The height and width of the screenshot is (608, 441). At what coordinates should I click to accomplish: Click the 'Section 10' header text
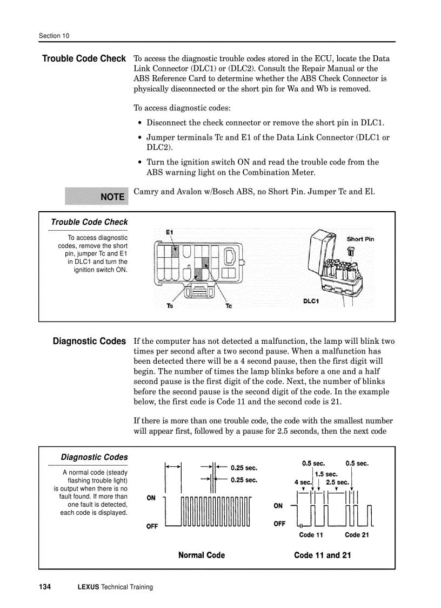pos(54,36)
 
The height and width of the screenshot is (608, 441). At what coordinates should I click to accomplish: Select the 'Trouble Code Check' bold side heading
pos(84,58)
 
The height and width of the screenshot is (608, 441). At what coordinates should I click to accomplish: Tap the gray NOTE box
pos(97,197)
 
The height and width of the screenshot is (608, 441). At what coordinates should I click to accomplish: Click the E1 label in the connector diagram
pos(169,232)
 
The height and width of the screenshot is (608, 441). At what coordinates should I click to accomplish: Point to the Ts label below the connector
pos(170,306)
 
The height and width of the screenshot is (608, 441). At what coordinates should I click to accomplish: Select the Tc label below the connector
pos(229,306)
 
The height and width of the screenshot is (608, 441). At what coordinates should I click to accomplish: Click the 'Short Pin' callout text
pos(360,239)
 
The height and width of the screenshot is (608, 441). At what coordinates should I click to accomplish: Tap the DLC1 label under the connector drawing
pos(311,301)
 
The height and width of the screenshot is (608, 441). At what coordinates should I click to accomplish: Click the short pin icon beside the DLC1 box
pos(350,251)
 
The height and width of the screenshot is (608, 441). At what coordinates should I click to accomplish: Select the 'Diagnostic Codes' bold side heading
pos(89,341)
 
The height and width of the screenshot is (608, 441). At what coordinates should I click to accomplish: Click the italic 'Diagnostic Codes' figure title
pos(94,457)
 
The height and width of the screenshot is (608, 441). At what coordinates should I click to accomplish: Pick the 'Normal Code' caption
pos(202,555)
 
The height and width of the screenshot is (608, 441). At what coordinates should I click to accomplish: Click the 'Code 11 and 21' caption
pos(322,555)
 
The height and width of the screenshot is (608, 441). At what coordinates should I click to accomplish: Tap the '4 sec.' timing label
pos(303,482)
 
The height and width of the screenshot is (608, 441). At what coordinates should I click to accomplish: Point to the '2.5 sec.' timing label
pos(337,482)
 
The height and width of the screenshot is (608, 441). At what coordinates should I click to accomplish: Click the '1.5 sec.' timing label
pos(326,474)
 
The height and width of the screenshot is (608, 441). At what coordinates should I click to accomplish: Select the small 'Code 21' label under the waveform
pos(357,535)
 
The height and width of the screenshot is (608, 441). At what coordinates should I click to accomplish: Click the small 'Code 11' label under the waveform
pos(311,535)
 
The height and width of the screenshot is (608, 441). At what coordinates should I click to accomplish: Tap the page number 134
pos(45,587)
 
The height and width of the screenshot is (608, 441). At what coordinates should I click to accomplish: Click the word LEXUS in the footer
pos(89,587)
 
